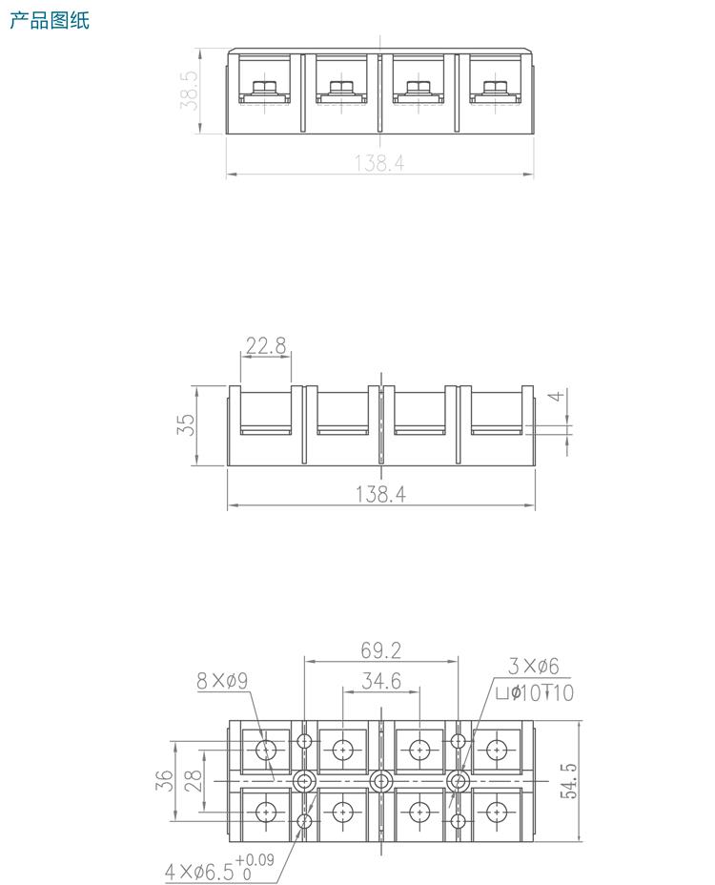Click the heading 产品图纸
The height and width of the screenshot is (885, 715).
49,20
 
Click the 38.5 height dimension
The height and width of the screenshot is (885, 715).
190,91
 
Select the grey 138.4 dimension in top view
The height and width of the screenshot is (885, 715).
379,164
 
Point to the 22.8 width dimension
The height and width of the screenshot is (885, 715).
265,346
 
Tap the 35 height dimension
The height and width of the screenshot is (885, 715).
188,425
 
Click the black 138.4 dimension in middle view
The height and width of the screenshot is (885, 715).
380,494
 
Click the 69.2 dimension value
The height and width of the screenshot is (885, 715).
380,650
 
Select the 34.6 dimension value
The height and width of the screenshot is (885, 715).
380,681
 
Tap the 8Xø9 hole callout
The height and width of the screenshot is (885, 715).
222,681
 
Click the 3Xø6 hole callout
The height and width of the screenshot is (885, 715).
533,667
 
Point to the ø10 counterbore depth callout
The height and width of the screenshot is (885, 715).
535,693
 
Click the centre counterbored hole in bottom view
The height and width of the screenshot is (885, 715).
380,781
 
